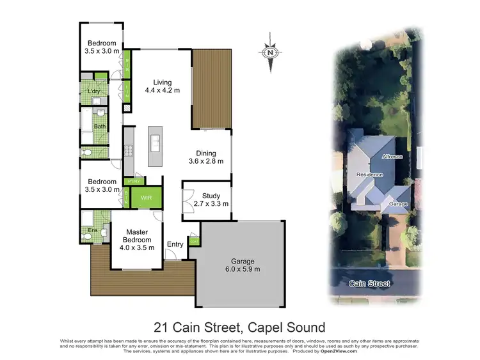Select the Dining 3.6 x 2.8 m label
206,157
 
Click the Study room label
211,200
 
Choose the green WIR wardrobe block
147,198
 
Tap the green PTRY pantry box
134,181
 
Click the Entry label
175,244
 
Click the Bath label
100,126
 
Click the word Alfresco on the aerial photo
392,156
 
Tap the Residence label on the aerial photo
369,174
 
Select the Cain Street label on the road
369,283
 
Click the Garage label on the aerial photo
398,204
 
